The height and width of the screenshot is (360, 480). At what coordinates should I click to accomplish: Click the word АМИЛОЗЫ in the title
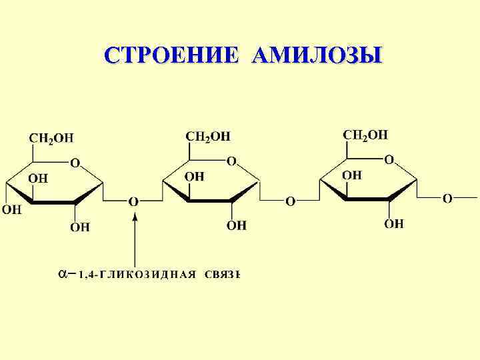[317, 55]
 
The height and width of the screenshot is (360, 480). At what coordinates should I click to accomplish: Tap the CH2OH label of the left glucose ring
[51, 138]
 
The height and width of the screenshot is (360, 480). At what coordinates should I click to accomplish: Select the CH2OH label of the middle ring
[207, 136]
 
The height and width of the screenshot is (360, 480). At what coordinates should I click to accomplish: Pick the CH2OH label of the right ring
[365, 135]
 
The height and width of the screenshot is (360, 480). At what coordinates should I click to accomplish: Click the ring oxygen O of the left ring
[75, 162]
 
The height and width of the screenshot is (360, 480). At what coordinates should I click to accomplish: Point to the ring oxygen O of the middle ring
[231, 161]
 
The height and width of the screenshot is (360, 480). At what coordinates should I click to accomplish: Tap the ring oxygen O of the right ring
[389, 159]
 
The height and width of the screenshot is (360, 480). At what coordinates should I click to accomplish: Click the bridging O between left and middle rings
[133, 201]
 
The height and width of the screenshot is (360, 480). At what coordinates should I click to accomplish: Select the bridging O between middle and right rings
[290, 200]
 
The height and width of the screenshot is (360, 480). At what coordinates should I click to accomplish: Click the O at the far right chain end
[447, 198]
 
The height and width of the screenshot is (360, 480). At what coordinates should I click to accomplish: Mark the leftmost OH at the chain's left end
[12, 209]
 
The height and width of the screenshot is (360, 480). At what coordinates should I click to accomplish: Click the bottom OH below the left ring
[80, 227]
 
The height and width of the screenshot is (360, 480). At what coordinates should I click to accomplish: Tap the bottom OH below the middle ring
[237, 225]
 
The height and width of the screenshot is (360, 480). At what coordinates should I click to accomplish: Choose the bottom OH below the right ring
[393, 223]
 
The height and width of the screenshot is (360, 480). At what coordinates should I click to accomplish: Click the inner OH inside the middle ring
[194, 176]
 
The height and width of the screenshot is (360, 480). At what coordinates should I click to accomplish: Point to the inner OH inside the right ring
[351, 175]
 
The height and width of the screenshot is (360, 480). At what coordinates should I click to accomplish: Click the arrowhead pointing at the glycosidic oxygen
[135, 215]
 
